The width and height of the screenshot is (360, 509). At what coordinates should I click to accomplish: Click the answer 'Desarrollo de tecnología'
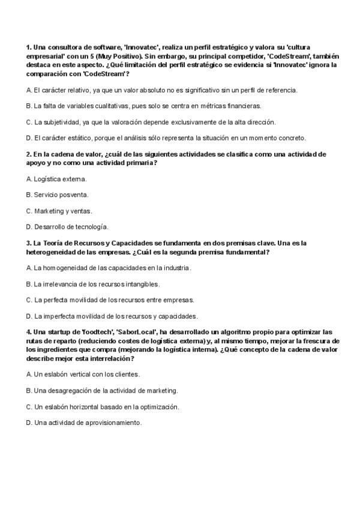(x=67, y=227)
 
